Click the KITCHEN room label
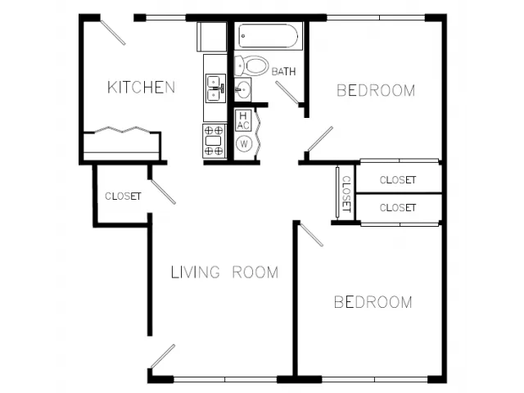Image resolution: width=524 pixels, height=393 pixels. [x=141, y=88]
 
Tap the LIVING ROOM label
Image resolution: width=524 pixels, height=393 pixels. [x=224, y=273]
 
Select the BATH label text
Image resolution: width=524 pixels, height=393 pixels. [x=283, y=71]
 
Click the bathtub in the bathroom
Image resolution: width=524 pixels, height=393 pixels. [x=269, y=36]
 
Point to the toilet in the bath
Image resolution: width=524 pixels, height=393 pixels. [x=251, y=65]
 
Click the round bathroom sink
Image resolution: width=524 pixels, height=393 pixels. [x=242, y=89]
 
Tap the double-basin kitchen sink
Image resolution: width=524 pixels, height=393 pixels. [x=215, y=88]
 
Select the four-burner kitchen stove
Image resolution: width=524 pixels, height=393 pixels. [x=215, y=141]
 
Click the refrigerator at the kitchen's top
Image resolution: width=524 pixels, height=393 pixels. [x=211, y=36]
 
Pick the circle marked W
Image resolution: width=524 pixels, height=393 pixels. [x=244, y=144]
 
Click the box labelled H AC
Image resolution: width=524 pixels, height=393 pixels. [x=243, y=120]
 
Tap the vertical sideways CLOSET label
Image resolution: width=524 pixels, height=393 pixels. [x=346, y=194]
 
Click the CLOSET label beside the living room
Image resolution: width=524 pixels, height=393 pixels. [x=123, y=196]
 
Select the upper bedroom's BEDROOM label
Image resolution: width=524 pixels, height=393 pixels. [x=376, y=91]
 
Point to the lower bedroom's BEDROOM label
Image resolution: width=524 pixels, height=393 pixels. [x=373, y=302]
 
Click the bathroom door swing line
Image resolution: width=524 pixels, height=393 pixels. [x=287, y=92]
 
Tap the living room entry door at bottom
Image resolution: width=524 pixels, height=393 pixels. [x=163, y=356]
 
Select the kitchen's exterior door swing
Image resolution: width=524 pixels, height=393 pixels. [x=113, y=33]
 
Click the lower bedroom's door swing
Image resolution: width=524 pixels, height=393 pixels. [x=311, y=235]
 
